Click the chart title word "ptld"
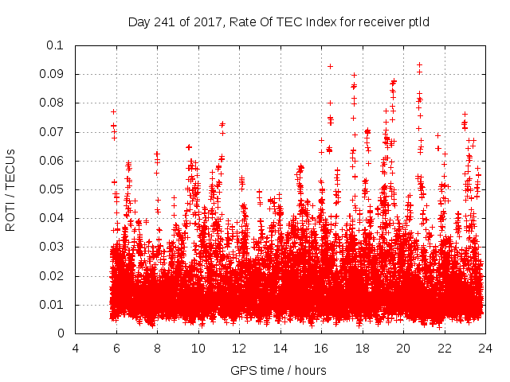[x=418, y=21]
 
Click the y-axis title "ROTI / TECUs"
[x=10, y=189]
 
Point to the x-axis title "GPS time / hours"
[x=278, y=370]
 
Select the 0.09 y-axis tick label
[x=53, y=74]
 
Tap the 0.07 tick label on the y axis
[x=53, y=132]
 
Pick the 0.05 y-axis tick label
[x=53, y=189]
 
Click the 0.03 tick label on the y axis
[x=53, y=248]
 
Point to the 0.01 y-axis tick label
[x=53, y=305]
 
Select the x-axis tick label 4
[x=76, y=348]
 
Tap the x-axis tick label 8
[x=157, y=348]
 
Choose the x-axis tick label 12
[x=239, y=348]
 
